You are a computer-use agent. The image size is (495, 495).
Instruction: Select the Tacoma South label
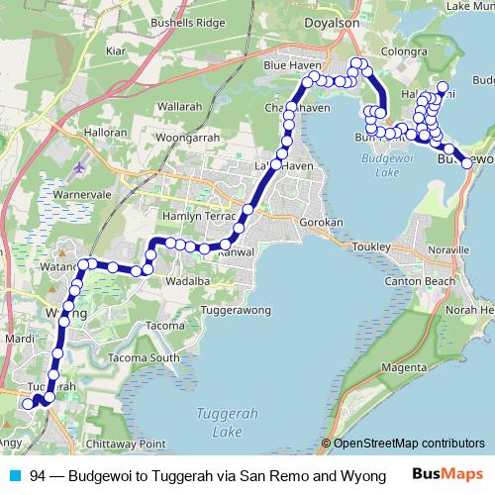click(x=145, y=357)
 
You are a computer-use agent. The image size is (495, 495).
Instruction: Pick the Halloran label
click(x=106, y=132)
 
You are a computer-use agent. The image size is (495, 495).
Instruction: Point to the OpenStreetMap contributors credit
click(x=408, y=444)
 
